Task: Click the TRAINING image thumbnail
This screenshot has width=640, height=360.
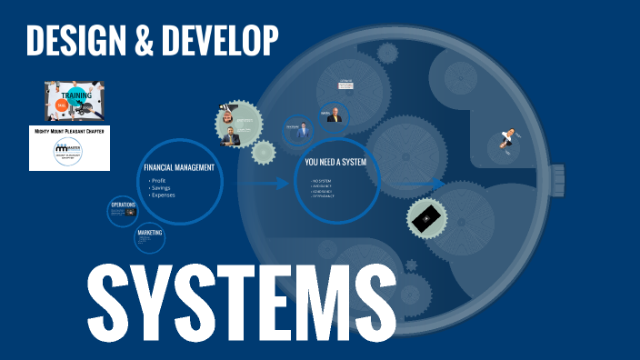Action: [75, 101]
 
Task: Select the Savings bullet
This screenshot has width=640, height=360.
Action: [163, 188]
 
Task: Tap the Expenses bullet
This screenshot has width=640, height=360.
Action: [164, 195]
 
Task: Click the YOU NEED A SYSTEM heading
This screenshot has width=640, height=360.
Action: [336, 163]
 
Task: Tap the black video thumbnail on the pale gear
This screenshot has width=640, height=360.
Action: [425, 219]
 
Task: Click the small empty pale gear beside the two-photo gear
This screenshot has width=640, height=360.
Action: [264, 152]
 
